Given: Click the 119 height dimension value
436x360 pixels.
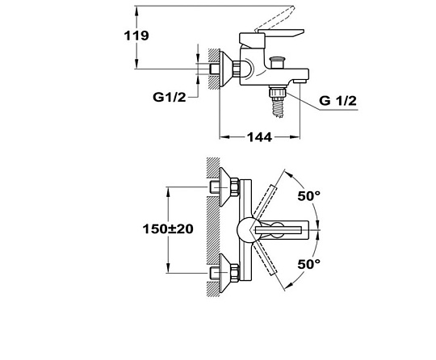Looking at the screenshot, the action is (136, 36).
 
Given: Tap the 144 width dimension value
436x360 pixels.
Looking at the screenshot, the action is (259, 137).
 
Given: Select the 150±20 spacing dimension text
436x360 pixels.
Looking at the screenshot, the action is (168, 229).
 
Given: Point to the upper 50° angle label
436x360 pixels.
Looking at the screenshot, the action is (309, 196).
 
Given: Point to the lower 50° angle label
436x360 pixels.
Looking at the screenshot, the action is (309, 264).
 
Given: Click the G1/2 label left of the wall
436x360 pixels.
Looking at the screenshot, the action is (170, 97).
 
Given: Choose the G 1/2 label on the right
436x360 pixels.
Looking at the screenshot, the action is (337, 101).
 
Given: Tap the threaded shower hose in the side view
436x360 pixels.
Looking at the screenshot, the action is (279, 107).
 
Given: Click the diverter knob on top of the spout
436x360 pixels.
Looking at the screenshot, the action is (278, 62).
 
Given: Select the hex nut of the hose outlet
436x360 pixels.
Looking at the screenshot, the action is (278, 92).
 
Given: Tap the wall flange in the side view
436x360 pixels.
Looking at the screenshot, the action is (225, 69).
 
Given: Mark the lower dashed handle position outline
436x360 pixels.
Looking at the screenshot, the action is (266, 259).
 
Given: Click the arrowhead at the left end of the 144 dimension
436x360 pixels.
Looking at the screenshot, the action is (224, 136).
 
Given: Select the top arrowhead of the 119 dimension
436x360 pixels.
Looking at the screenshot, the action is (136, 11).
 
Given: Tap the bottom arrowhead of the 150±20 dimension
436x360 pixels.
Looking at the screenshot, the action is (168, 268).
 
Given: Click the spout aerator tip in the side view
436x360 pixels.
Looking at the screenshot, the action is (300, 82).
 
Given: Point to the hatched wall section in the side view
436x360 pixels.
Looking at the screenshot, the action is (213, 69).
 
